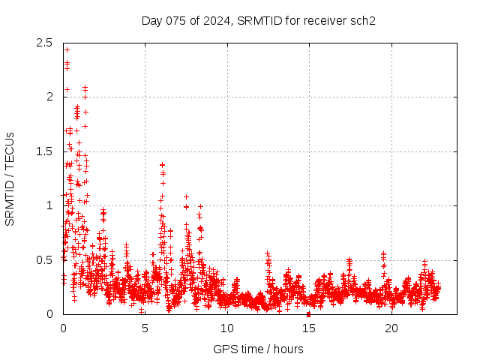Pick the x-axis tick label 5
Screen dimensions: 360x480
(x=145, y=328)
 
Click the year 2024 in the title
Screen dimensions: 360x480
(x=217, y=20)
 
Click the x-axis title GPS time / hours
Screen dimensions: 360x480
(x=258, y=349)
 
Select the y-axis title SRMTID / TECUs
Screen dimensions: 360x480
(x=10, y=178)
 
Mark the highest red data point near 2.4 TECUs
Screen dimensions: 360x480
(x=67, y=50)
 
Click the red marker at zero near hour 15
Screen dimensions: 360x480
(x=308, y=314)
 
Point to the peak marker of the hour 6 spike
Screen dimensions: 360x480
(x=162, y=164)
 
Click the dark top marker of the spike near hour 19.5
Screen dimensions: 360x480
(x=384, y=253)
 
